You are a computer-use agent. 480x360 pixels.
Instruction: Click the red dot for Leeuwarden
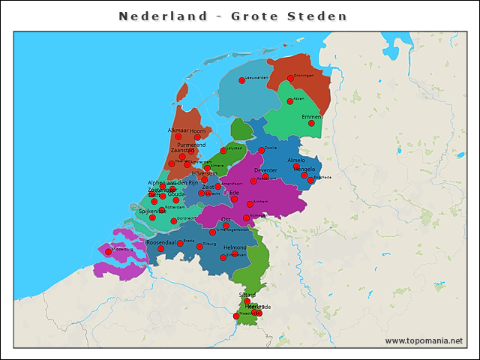pyautogui.click(x=242, y=80)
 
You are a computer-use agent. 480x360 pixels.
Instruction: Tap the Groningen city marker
pyautogui.click(x=290, y=78)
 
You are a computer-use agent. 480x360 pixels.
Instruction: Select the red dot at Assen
pyautogui.click(x=290, y=101)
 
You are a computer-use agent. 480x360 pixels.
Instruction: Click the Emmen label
pyautogui.click(x=311, y=117)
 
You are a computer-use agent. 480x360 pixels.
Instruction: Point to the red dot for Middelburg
pyautogui.click(x=108, y=252)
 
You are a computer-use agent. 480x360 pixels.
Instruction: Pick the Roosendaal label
pyautogui.click(x=160, y=242)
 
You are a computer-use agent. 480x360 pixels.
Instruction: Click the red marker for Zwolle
pyautogui.click(x=262, y=150)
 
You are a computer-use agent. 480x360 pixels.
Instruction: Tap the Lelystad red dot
pyautogui.click(x=223, y=151)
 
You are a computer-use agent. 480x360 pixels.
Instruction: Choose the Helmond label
pyautogui.click(x=235, y=247)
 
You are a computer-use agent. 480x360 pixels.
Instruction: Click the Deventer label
pyautogui.click(x=266, y=170)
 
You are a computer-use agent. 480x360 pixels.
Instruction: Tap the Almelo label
pyautogui.click(x=298, y=160)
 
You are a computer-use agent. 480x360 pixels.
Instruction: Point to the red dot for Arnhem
pyautogui.click(x=250, y=204)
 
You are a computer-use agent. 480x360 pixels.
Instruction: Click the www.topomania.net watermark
pyautogui.click(x=424, y=340)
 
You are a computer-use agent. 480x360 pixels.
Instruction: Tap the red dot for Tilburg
pyautogui.click(x=199, y=246)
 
